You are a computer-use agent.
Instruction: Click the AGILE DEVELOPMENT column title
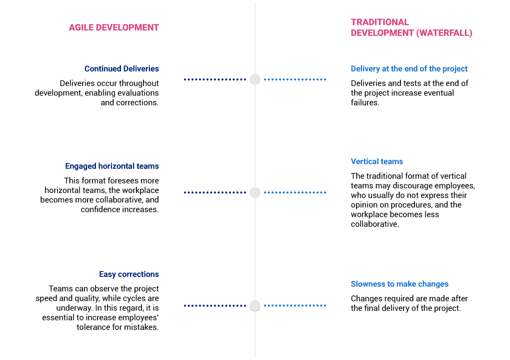point(114,27)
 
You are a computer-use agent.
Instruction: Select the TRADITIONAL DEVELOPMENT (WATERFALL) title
point(411,27)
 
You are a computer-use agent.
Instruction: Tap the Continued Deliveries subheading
point(121,68)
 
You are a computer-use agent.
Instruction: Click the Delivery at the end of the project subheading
point(409,68)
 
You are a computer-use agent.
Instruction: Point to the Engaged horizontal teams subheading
point(112,166)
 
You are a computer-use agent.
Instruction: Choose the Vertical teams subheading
point(376,161)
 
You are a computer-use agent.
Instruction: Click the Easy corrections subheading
point(129,274)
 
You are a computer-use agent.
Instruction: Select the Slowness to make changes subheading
point(399,284)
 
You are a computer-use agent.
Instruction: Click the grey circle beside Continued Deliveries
point(255,79)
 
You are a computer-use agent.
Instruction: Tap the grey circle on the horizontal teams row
point(255,192)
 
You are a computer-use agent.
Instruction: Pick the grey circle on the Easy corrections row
point(255,305)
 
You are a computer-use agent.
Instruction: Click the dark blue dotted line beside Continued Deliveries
point(215,79)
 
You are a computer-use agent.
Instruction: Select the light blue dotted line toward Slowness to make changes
point(295,305)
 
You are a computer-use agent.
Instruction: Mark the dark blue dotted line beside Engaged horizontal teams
point(215,192)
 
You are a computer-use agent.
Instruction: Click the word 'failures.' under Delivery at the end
point(365,103)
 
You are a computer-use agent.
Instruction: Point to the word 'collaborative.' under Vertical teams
point(374,224)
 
